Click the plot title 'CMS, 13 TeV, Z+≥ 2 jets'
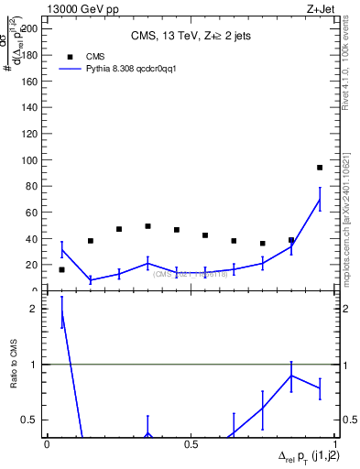point(191,37)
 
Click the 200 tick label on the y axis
point(31,28)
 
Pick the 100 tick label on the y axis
point(31,160)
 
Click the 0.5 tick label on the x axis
point(191,444)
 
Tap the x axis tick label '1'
point(334,444)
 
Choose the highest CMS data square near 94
point(320,168)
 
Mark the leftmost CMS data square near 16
point(61,269)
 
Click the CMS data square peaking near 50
point(147,226)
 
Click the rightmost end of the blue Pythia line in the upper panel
point(320,200)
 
